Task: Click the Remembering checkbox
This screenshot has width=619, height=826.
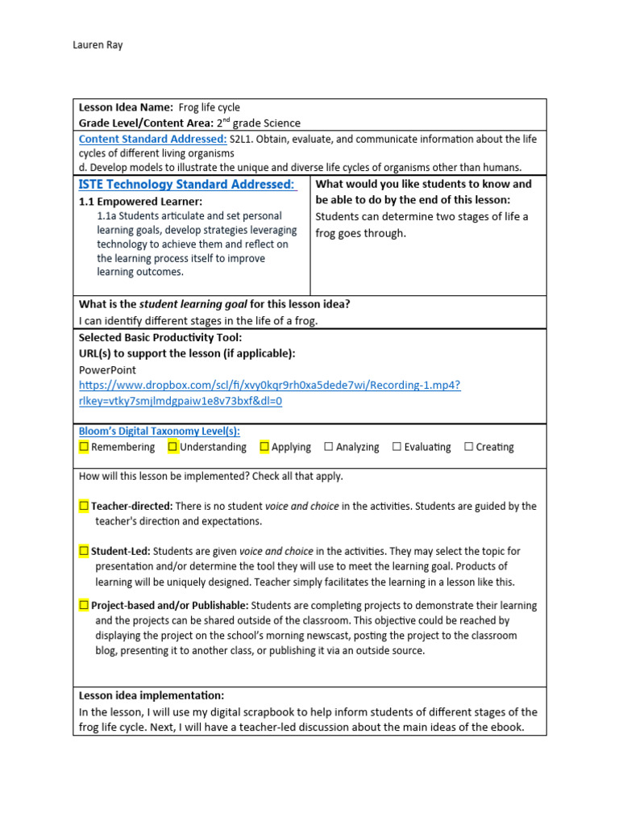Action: coord(84,447)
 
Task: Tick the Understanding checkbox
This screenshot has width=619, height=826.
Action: coord(172,447)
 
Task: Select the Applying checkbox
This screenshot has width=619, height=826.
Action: coord(264,447)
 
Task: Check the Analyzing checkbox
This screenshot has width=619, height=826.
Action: coord(328,447)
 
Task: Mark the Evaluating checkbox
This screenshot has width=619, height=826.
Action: coord(397,447)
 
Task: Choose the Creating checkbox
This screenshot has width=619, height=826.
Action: coord(468,447)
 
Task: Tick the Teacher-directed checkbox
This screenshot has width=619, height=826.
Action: coord(84,507)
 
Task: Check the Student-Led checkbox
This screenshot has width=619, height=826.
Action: coord(84,552)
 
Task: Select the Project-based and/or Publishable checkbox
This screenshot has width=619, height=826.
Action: coord(84,605)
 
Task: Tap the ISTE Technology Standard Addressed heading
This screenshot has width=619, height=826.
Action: coord(187,185)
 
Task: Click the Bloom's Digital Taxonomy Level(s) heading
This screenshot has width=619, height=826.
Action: coord(159,432)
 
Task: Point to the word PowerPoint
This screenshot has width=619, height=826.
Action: coord(107,370)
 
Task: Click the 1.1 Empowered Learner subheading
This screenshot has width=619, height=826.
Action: coord(140,202)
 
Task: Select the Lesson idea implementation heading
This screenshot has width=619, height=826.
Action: coord(152,695)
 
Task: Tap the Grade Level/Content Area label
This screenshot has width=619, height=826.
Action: coord(146,123)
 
